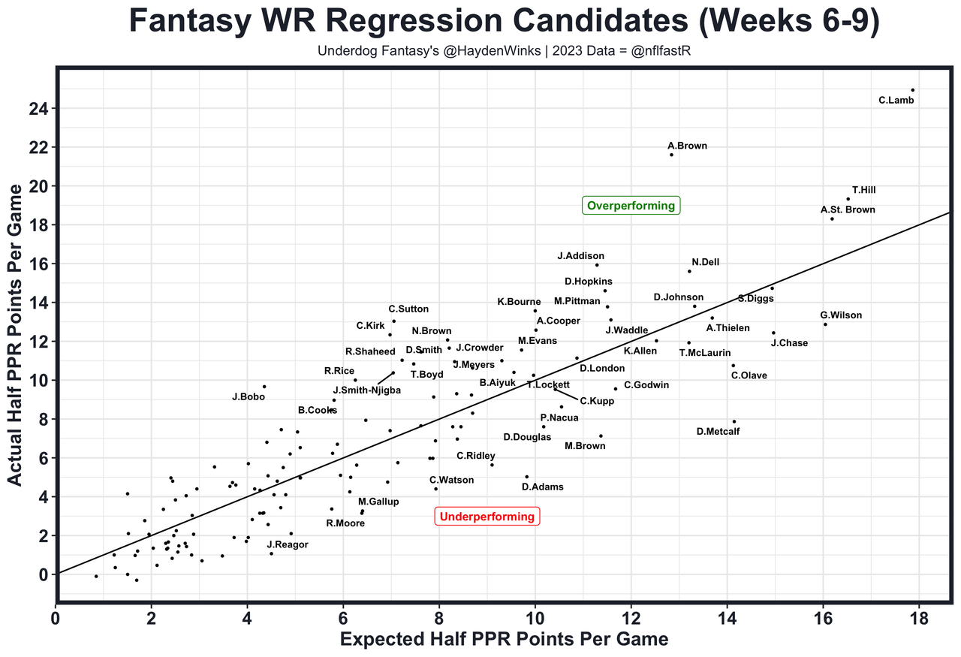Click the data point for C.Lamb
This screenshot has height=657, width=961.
pos(912,90)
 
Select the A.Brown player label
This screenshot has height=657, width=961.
pos(687,146)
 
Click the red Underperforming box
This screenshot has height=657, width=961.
pos(487,517)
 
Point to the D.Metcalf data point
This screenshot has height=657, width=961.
pos(734,421)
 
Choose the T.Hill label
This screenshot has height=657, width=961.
pos(863,191)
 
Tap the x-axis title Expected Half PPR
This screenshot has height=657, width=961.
pos(504,640)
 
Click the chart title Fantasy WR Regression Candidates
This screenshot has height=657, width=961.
pos(504,21)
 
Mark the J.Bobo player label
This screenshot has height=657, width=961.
pos(249,397)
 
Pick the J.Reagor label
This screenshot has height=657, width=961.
pos(288,545)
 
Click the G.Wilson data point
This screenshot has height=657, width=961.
pos(825,324)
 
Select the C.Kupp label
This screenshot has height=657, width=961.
pos(597,401)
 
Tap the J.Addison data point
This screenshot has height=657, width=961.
pos(597,264)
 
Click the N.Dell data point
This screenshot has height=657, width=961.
pos(689,271)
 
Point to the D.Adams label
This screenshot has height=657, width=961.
pos(542,487)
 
